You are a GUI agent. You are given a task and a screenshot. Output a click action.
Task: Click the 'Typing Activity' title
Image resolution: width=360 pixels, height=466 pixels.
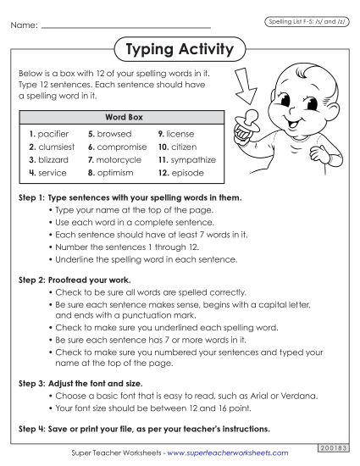tap(179, 49)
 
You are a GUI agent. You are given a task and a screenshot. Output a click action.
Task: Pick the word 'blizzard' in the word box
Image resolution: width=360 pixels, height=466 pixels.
tap(52, 158)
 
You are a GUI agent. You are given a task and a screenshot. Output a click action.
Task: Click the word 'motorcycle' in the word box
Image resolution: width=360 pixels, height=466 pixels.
tap(121, 158)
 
